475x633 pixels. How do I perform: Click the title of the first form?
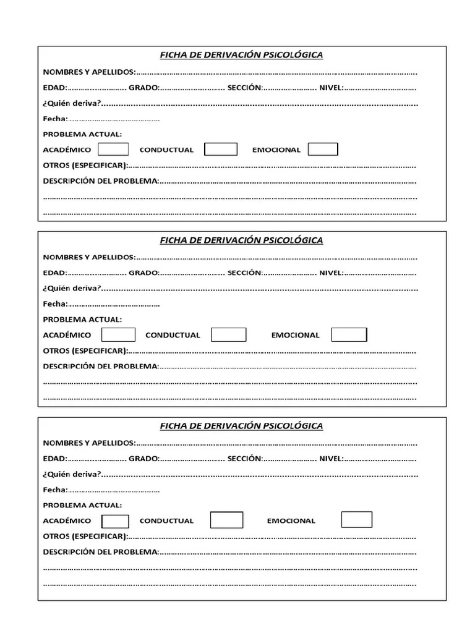(241, 55)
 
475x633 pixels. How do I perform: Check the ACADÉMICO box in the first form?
(114, 149)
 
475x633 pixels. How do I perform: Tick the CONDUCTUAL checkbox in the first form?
(221, 149)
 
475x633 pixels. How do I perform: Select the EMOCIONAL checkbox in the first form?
(323, 149)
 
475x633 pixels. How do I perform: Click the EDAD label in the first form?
(54, 87)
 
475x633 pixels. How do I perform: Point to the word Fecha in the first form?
(54, 119)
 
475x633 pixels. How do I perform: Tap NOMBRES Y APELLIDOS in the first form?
(88, 71)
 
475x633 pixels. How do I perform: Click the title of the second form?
(241, 240)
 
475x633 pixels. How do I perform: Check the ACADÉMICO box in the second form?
(118, 334)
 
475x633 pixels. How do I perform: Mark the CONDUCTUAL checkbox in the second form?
(228, 334)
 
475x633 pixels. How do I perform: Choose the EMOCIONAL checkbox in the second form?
(349, 334)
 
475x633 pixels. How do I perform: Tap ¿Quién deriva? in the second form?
(72, 288)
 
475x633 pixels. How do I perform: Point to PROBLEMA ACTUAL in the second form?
(82, 320)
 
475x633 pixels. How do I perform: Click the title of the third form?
(241, 426)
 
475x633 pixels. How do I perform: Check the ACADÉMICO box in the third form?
(115, 520)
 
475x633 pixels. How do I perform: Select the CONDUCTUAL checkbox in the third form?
(226, 520)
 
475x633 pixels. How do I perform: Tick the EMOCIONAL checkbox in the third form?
(357, 519)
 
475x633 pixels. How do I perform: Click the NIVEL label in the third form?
(331, 458)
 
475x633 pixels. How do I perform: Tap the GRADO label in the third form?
(144, 458)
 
